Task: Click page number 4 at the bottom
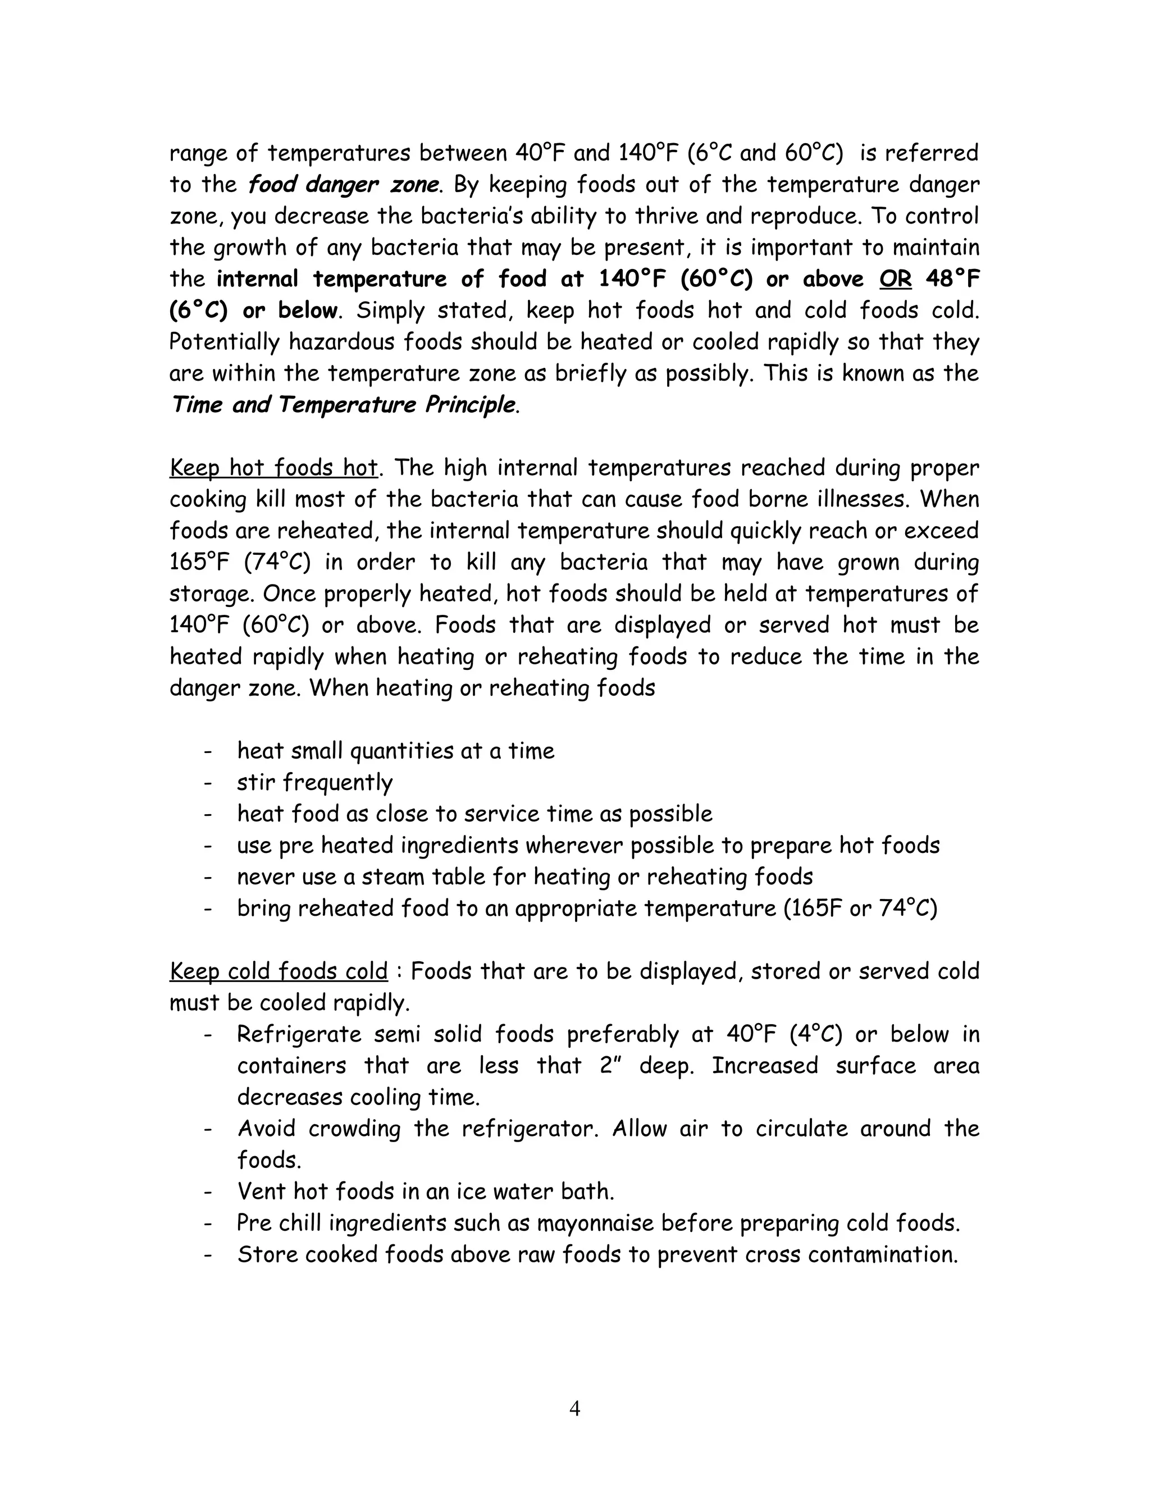click(x=574, y=1408)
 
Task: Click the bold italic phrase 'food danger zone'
click(x=343, y=185)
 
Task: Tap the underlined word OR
click(x=895, y=279)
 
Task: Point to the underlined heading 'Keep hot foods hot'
click(x=273, y=468)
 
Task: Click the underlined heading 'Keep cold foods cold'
click(x=278, y=971)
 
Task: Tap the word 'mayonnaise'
click(x=595, y=1223)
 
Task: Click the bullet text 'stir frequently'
click(x=315, y=783)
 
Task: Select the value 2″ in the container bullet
click(x=611, y=1066)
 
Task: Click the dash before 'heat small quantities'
click(x=208, y=751)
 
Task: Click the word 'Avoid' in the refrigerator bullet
click(x=266, y=1129)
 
